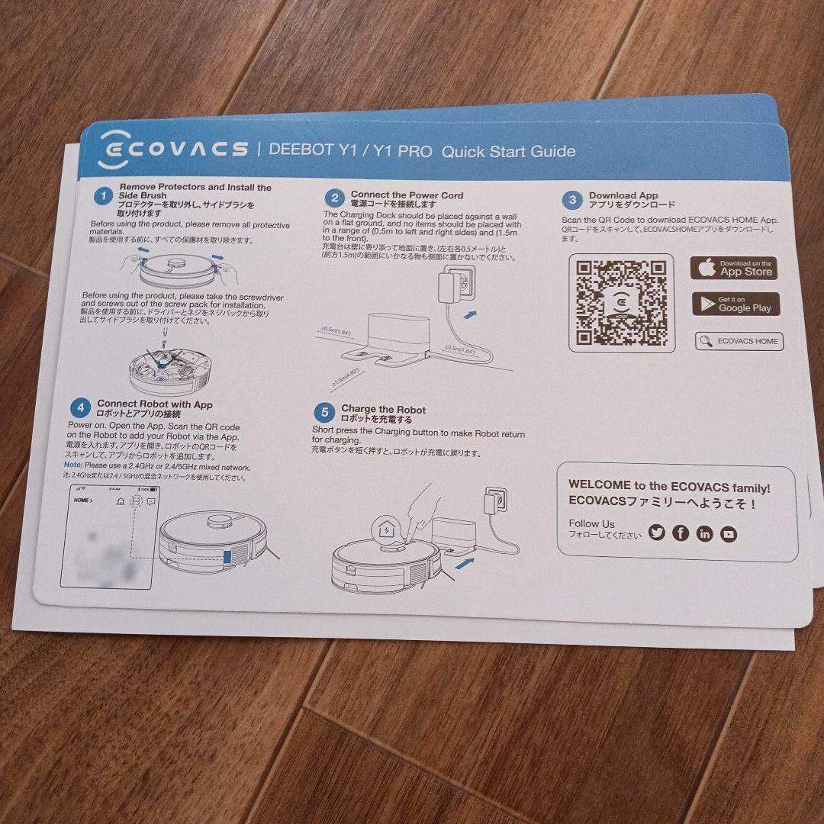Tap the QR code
point(621,303)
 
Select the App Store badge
point(733,269)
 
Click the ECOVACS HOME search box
point(739,341)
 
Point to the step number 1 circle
point(103,197)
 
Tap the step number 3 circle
point(571,201)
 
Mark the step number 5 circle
point(324,414)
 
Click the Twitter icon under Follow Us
point(656,533)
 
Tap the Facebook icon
point(681,533)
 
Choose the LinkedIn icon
point(704,534)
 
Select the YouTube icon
point(729,534)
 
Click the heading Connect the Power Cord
point(406,195)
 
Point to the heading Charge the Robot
point(383,410)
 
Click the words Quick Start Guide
point(508,151)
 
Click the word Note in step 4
point(72,466)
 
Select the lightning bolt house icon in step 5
point(386,528)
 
